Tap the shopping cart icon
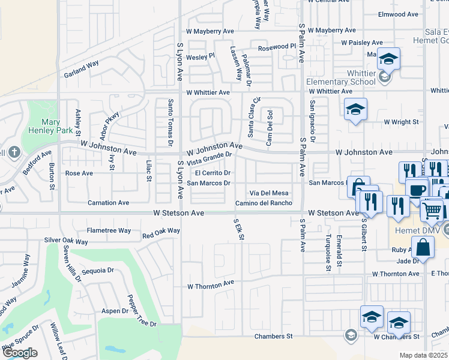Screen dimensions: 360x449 click(x=432, y=211)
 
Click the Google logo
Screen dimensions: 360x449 click(x=20, y=353)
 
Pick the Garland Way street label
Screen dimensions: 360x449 click(x=81, y=70)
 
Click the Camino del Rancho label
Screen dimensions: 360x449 click(x=264, y=203)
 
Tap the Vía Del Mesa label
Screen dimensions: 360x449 click(x=269, y=193)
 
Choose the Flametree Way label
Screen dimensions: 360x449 click(x=109, y=230)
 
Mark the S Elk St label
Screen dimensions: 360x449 click(x=239, y=229)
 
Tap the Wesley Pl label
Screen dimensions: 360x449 click(x=200, y=56)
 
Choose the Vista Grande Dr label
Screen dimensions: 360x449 click(x=209, y=159)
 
